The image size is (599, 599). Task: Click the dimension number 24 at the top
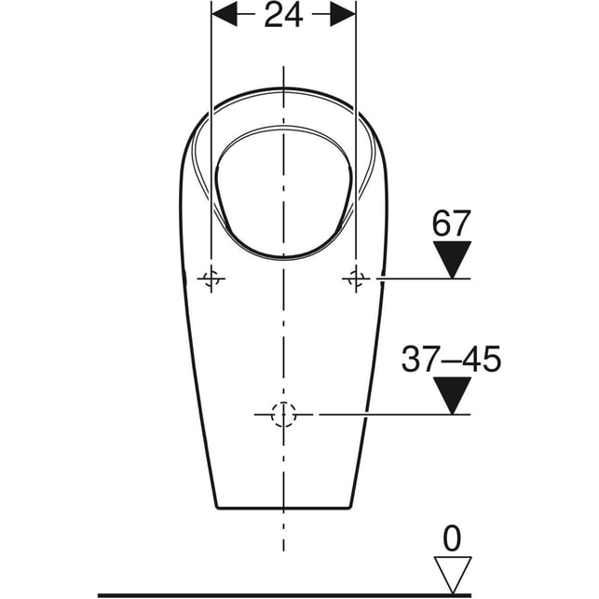tap(283, 15)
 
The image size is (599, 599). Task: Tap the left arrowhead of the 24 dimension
tap(225, 14)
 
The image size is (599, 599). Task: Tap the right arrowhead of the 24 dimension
tap(343, 14)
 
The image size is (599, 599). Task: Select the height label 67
tap(451, 223)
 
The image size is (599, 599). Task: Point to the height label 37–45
tap(451, 359)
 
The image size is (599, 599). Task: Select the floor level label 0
tap(452, 538)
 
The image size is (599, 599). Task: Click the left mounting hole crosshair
tap(211, 279)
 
